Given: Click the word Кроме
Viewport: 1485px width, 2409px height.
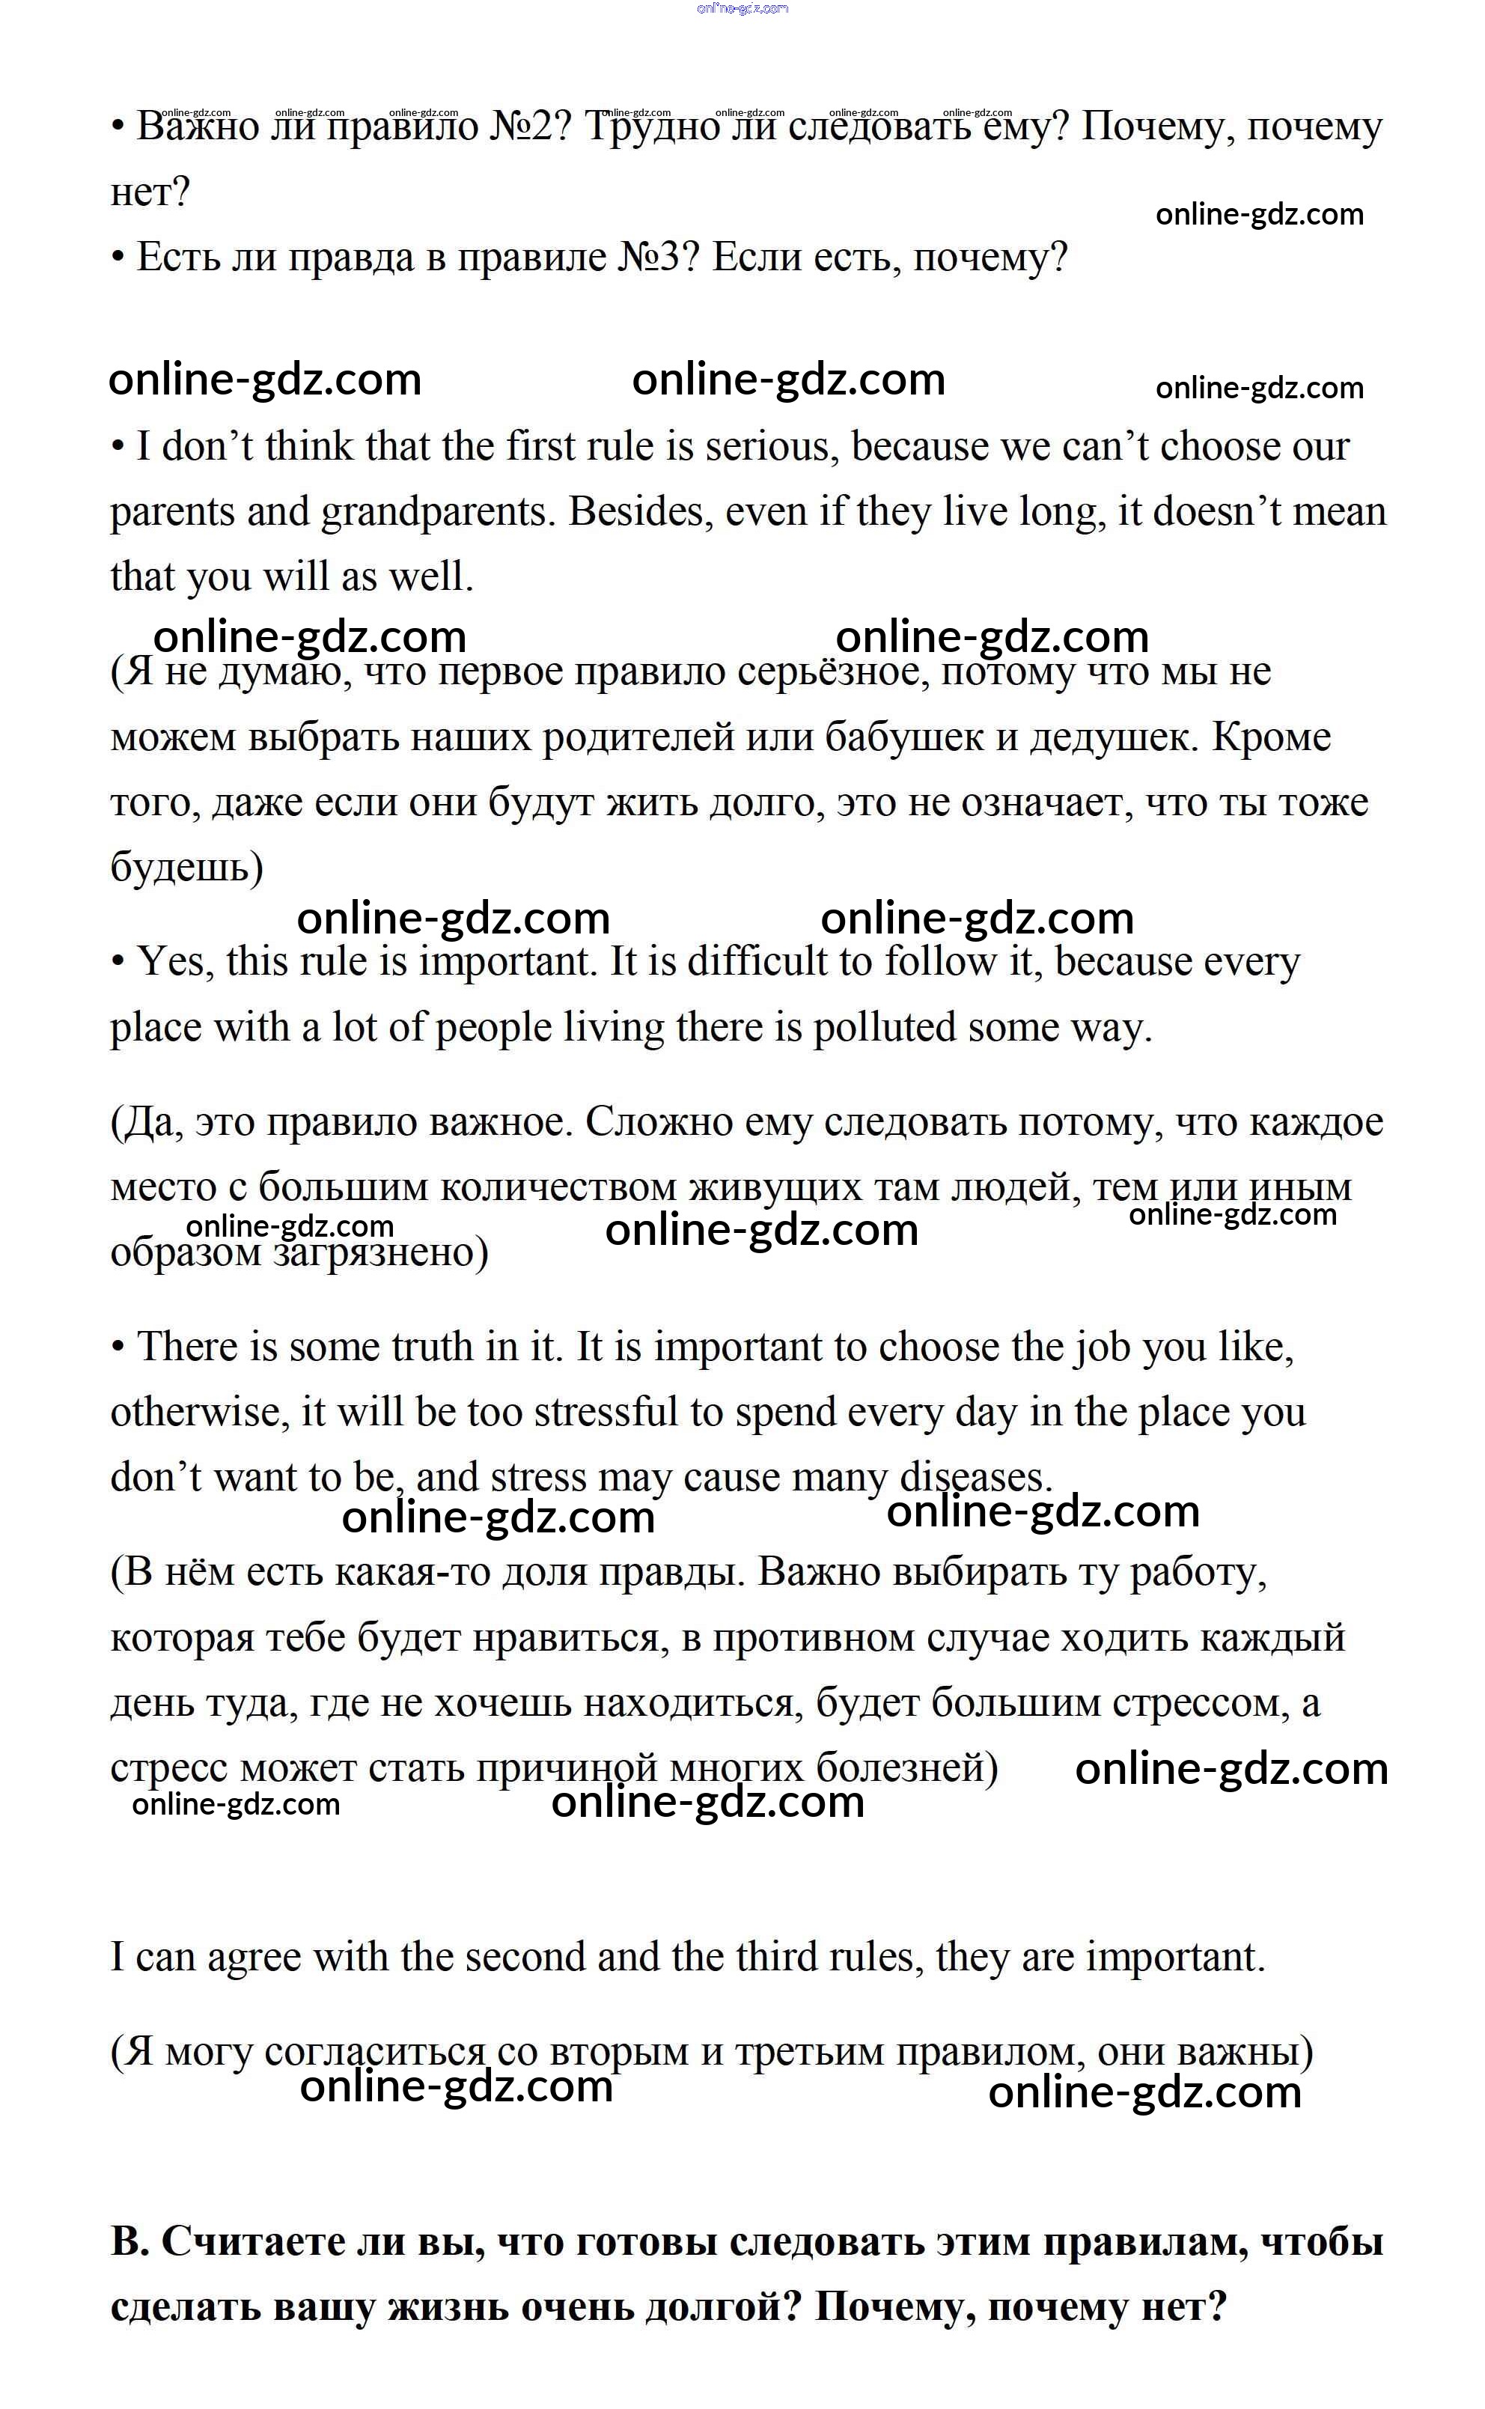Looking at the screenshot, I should [x=1271, y=737].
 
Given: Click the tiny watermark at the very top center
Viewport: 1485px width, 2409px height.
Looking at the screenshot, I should [x=742, y=9].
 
